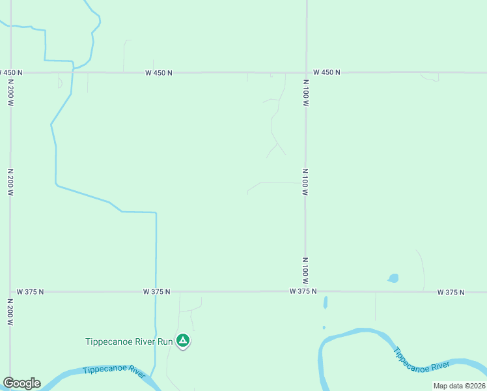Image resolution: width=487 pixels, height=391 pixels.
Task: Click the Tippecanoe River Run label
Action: [x=130, y=341]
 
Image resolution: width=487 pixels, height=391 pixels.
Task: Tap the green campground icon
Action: [x=184, y=340]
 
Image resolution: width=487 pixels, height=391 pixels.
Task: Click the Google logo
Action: [x=21, y=383]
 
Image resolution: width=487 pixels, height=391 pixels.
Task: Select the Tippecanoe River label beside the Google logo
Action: [x=114, y=371]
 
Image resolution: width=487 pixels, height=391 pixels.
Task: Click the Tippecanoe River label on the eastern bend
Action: [x=421, y=359]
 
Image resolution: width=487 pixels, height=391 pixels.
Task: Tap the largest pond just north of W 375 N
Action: [x=393, y=278]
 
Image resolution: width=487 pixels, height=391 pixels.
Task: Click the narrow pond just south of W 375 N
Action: [x=325, y=303]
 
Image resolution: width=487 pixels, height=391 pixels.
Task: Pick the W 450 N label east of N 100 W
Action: [x=326, y=72]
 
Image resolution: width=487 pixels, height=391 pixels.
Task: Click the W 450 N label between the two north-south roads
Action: [x=159, y=73]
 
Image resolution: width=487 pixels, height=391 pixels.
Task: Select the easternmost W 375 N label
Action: [x=451, y=293]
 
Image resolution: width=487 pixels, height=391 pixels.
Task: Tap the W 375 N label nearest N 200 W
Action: [x=30, y=292]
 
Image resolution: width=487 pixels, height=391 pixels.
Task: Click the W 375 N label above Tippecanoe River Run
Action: [x=157, y=292]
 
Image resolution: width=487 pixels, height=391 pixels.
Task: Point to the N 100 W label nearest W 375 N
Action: [x=305, y=268]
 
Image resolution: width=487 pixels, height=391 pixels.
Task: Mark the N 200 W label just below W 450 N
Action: [x=10, y=94]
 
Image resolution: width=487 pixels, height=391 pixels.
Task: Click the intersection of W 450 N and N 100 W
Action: [x=306, y=72]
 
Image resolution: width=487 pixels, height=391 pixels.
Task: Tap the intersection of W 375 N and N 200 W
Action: [x=10, y=292]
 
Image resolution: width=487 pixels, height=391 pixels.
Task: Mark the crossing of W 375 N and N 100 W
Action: [x=305, y=292]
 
